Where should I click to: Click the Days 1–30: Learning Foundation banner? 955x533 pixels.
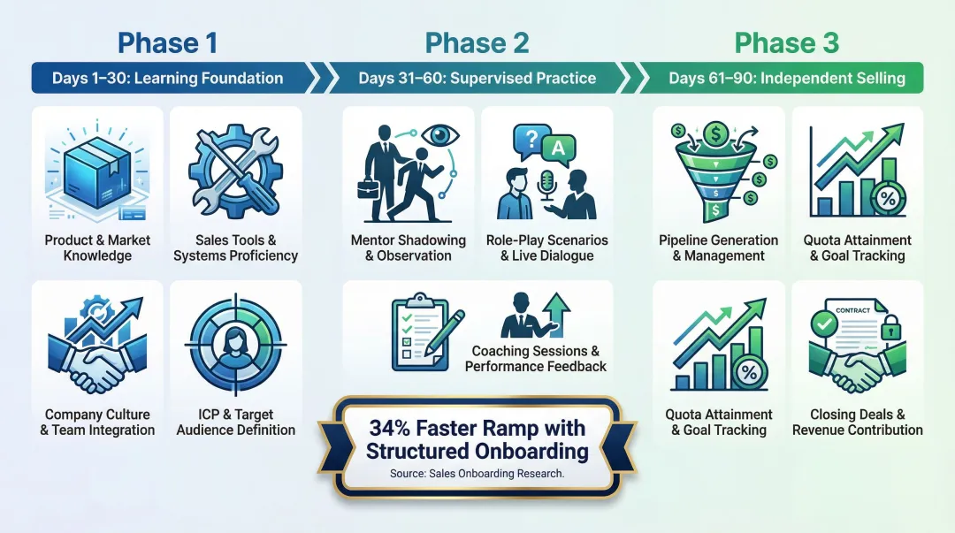[168, 78]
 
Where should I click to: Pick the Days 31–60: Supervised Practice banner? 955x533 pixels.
[477, 78]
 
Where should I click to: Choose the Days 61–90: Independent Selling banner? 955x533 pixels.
[786, 78]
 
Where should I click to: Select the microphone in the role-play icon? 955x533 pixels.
[546, 183]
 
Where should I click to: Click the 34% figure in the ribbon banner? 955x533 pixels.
[392, 429]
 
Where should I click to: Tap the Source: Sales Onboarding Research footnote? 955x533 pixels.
[477, 474]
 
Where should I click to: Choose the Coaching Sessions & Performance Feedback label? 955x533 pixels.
[536, 359]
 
